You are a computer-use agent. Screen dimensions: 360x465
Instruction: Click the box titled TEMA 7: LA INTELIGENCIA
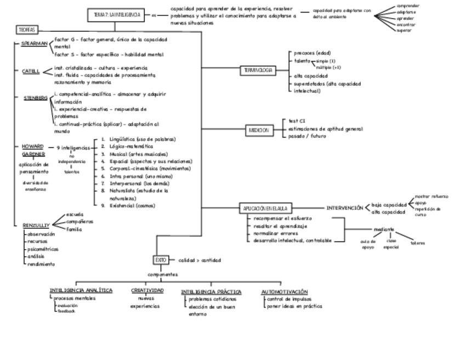116,15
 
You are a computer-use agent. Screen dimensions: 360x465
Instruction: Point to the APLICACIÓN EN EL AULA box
266,209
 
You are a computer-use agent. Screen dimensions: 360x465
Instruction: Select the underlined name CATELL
31,71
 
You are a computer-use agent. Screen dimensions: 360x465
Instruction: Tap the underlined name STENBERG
36,98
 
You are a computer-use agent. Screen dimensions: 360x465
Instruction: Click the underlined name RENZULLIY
36,226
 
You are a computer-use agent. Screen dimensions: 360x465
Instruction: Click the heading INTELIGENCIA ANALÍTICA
81,291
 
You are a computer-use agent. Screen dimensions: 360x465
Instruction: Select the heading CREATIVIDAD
146,291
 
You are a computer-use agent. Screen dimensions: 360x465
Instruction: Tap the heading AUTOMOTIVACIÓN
284,291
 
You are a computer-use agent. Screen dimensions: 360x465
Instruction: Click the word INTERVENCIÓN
344,208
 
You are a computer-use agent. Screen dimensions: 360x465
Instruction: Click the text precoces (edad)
312,53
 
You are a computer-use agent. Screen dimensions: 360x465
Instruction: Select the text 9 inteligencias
73,148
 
